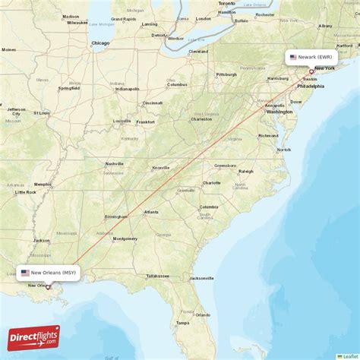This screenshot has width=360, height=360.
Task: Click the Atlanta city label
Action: (x=151, y=212)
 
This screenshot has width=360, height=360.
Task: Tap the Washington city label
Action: (x=279, y=112)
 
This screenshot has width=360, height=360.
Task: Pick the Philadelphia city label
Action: (x=310, y=86)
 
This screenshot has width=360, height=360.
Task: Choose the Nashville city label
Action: (x=115, y=163)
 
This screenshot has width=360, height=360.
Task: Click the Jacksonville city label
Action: (x=202, y=278)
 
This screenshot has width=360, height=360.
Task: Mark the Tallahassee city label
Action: (x=159, y=276)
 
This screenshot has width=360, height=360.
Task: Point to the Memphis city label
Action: (x=43, y=184)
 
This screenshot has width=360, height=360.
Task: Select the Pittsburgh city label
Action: (x=226, y=74)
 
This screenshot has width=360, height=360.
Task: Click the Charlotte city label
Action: (x=211, y=183)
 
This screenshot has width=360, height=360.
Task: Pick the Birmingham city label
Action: (x=116, y=216)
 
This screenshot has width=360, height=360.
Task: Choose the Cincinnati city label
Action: (x=152, y=103)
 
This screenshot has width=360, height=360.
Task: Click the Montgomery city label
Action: (x=125, y=238)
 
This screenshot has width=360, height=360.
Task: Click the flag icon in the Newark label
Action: (x=293, y=57)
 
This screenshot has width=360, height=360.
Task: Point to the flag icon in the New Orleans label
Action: (x=25, y=272)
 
